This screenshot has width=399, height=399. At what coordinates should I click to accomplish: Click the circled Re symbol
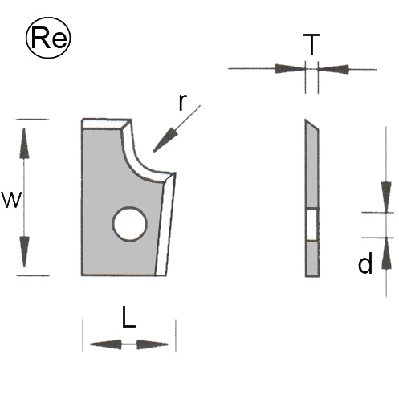(x=48, y=38)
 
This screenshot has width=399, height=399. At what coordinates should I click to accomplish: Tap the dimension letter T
(x=311, y=44)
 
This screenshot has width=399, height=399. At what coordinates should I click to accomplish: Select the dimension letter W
(x=11, y=200)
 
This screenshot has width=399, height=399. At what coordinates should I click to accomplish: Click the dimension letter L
(x=128, y=317)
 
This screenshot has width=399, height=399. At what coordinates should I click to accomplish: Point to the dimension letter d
(x=365, y=263)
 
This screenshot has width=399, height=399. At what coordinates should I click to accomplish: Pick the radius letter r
(x=182, y=102)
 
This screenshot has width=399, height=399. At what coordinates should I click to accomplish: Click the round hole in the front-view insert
(x=130, y=224)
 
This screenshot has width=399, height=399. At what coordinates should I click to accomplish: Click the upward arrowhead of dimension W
(x=24, y=143)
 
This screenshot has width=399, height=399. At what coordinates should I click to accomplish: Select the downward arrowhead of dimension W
(x=24, y=251)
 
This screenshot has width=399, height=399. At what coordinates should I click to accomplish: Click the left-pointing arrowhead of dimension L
(x=106, y=344)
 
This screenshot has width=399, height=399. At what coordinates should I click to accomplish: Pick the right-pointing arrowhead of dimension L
(x=153, y=344)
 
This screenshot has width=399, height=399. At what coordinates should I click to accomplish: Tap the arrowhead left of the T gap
(x=290, y=68)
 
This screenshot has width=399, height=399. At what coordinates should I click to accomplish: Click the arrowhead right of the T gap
(x=333, y=69)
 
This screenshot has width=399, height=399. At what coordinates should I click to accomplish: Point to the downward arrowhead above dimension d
(x=386, y=197)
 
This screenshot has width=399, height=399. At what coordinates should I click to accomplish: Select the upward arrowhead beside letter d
(x=386, y=253)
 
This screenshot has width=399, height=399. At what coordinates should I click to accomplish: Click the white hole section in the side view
(x=311, y=224)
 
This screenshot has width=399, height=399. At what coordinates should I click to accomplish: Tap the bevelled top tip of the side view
(x=306, y=120)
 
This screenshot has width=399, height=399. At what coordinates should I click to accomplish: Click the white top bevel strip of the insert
(x=105, y=124)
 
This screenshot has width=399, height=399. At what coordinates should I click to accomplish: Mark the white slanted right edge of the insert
(x=165, y=225)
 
